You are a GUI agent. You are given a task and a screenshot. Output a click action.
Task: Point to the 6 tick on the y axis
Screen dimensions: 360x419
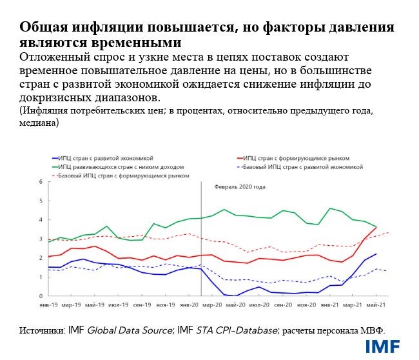coord(40,182)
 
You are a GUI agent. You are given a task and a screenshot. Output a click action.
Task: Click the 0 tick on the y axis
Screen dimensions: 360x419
coord(40,296)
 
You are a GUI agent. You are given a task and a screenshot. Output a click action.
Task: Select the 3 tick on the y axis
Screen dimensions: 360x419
coord(40,239)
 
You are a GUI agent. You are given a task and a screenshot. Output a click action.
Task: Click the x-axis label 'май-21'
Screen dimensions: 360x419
coord(376,304)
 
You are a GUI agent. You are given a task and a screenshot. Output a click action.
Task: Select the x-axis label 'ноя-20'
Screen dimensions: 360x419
coord(306,304)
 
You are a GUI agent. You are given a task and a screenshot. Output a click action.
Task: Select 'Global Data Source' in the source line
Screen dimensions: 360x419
coord(131,330)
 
